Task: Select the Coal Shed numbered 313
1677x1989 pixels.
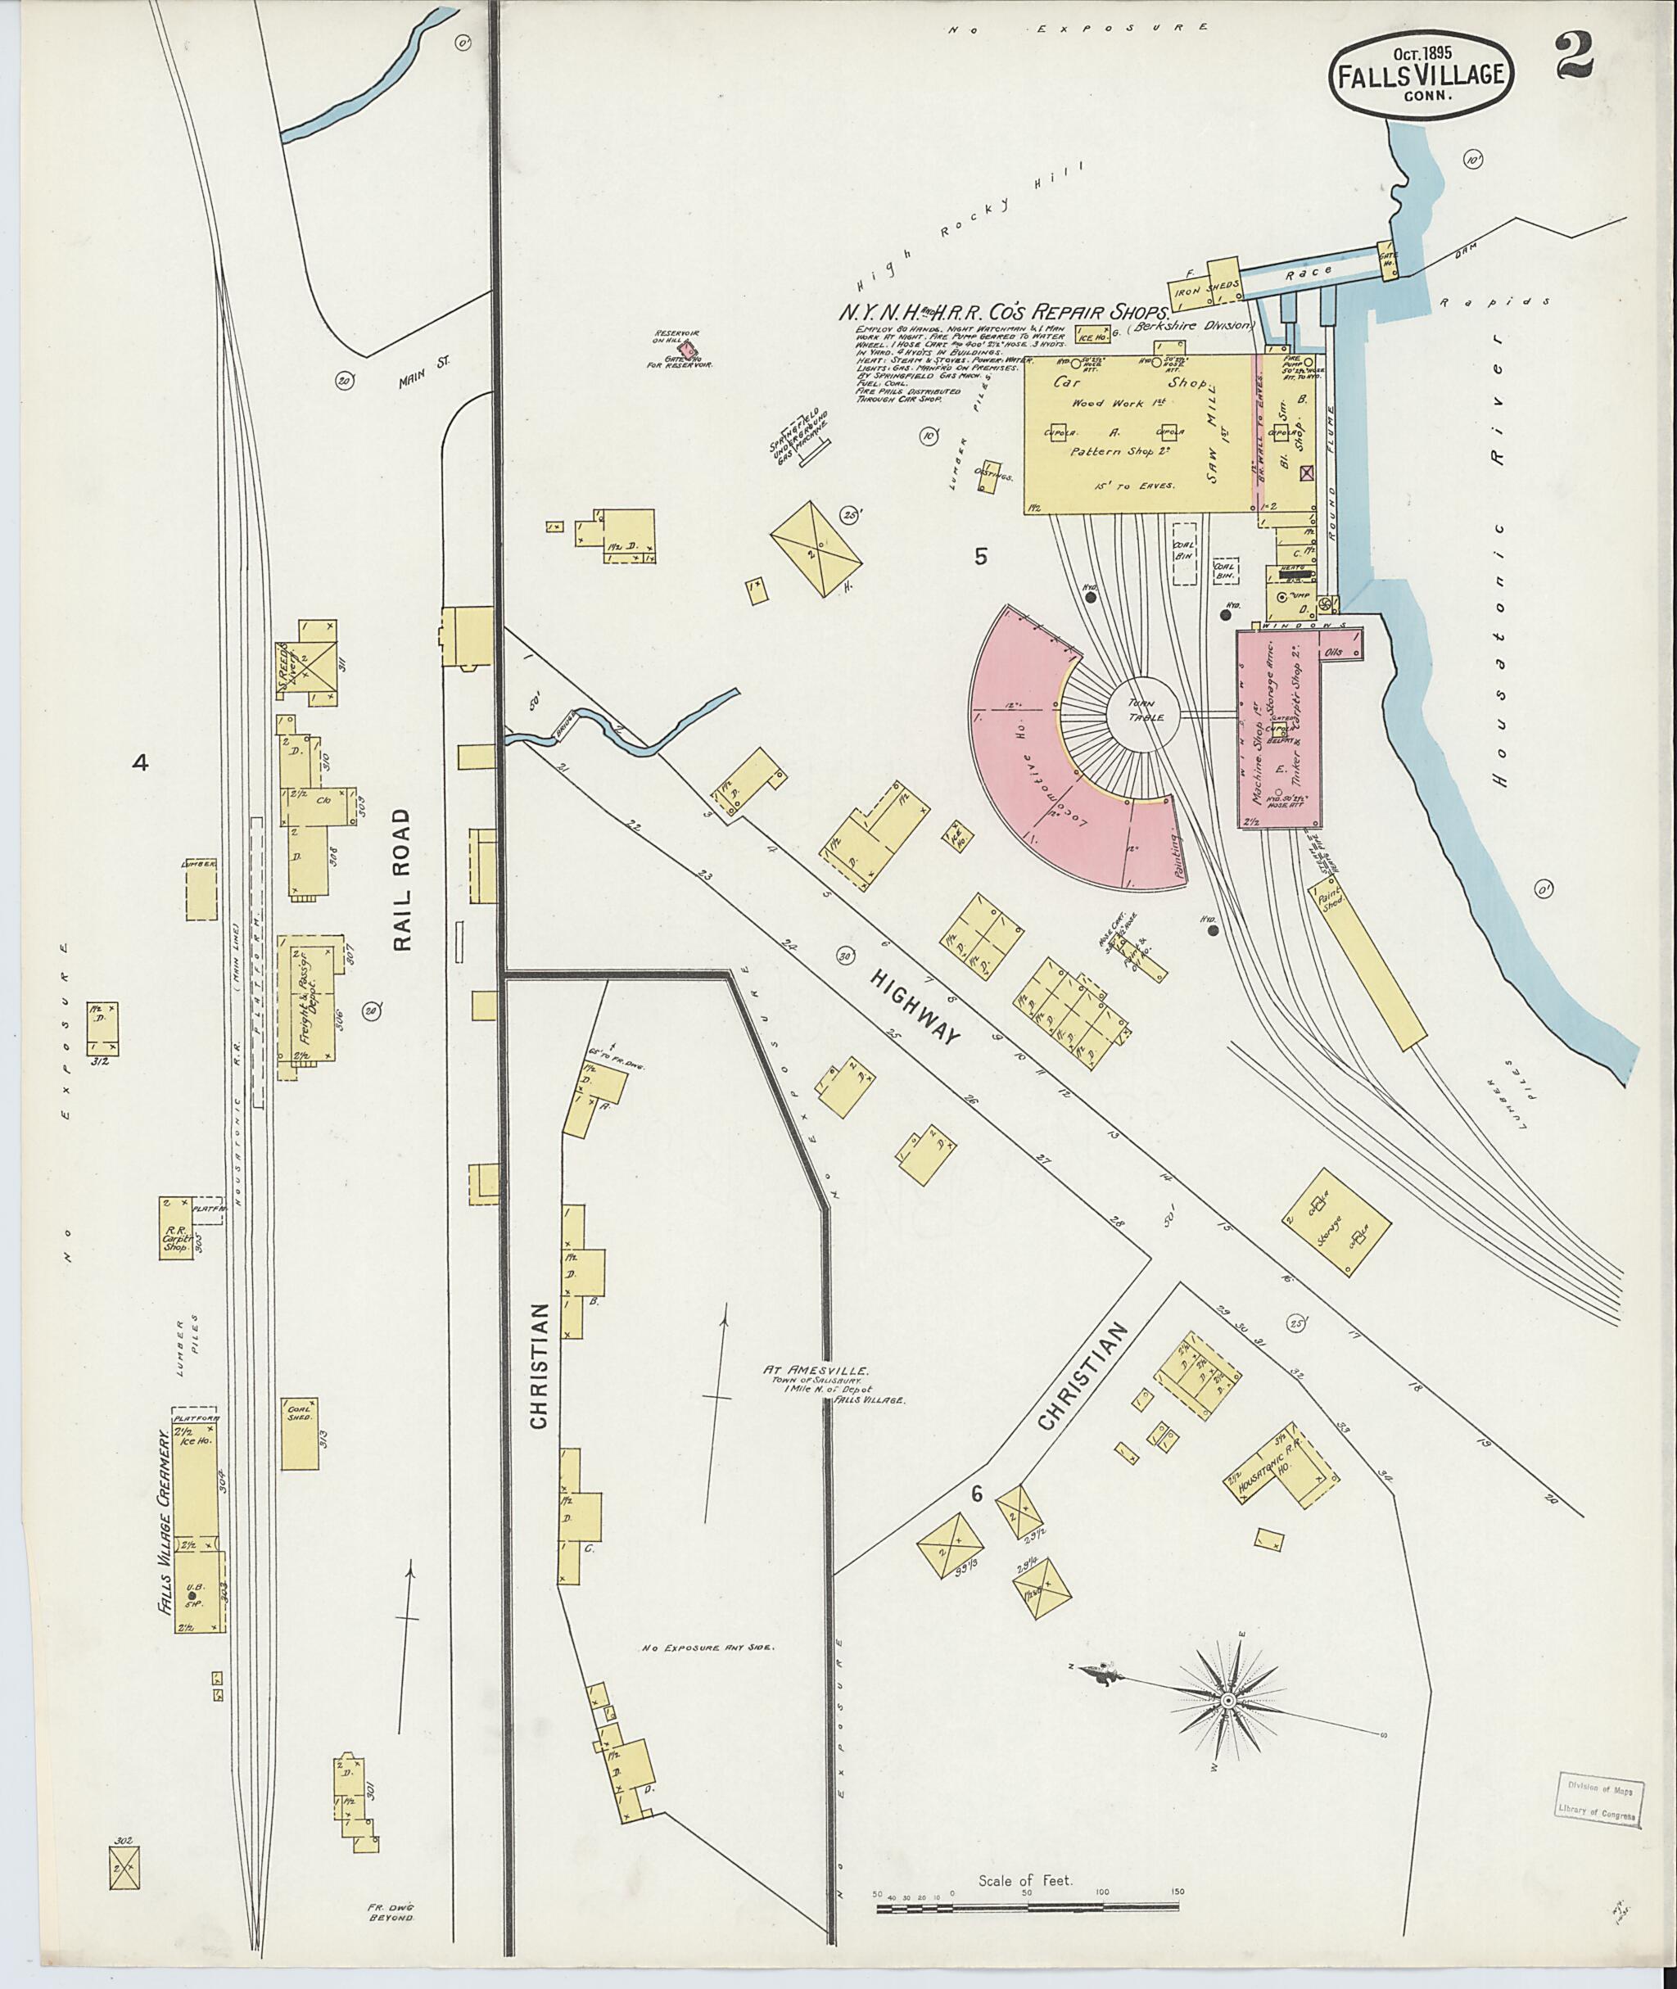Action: (300, 1433)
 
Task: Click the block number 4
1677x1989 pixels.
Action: (141, 762)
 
